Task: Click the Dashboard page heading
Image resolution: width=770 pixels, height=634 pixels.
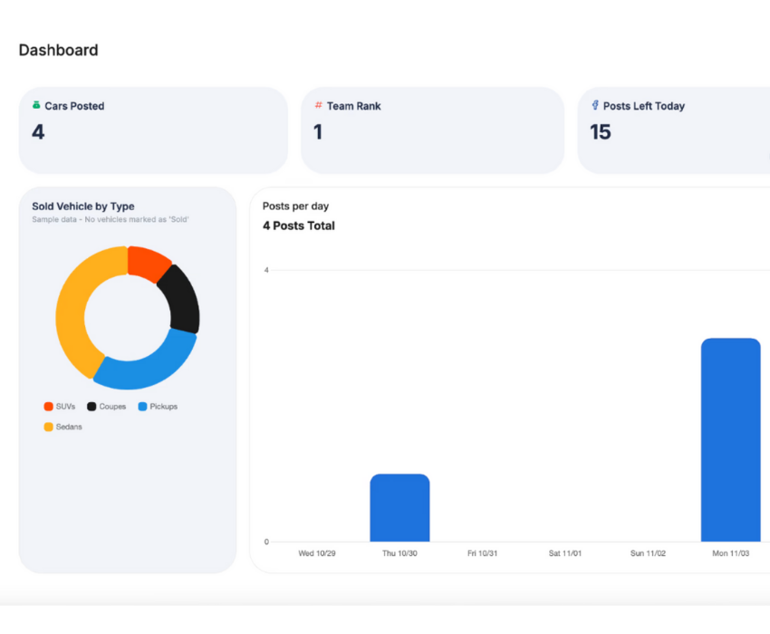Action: coord(58,51)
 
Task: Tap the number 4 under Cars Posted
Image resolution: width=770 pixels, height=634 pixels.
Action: coord(38,132)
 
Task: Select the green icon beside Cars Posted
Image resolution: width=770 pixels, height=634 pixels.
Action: coord(36,106)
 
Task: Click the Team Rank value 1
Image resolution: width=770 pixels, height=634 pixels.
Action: coord(318,132)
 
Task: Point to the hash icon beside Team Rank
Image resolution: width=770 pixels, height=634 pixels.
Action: coord(318,106)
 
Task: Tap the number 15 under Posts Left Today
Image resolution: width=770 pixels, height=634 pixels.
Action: coord(601,132)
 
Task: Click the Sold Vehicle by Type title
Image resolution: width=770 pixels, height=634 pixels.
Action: coord(83,207)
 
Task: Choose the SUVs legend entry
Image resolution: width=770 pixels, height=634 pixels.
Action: coord(60,407)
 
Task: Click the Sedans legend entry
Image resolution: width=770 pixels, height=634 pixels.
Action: coord(63,427)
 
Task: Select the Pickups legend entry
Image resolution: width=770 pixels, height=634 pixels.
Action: coord(158,407)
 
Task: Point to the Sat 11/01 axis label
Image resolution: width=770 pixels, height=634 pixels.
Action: coord(565,552)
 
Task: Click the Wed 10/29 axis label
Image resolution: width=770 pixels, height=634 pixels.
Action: coord(317,552)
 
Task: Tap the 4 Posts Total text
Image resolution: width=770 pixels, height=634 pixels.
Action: coord(299,226)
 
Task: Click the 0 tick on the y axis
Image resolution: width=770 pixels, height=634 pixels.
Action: coord(266,542)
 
